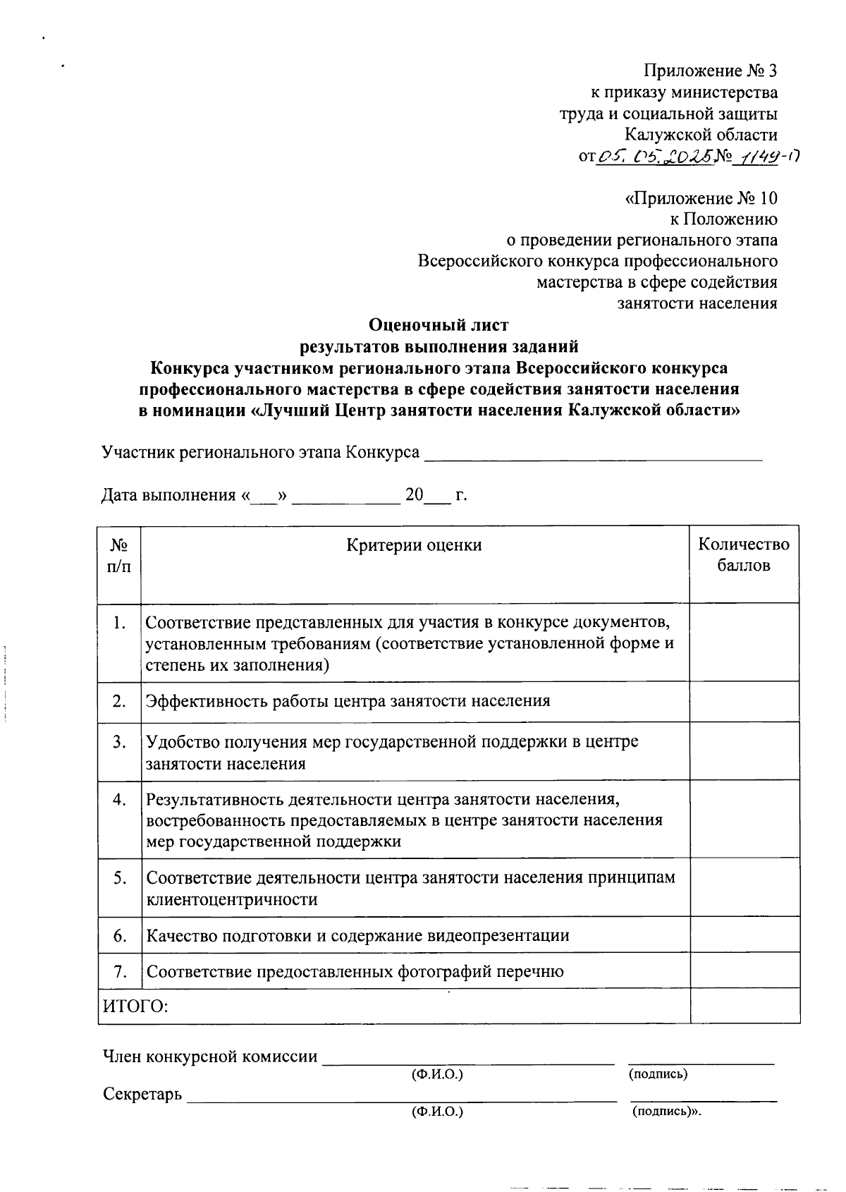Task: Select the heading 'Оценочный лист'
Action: (439, 325)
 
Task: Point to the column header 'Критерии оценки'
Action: (415, 545)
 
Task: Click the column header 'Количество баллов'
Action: (744, 554)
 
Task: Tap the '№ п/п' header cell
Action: (119, 555)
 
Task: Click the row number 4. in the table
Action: (119, 799)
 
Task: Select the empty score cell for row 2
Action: (744, 701)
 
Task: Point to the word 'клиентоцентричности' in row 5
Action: (232, 899)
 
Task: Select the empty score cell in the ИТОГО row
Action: (744, 1006)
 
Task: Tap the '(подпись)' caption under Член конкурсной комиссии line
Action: (658, 1074)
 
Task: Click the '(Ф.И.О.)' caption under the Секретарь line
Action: (437, 1112)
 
